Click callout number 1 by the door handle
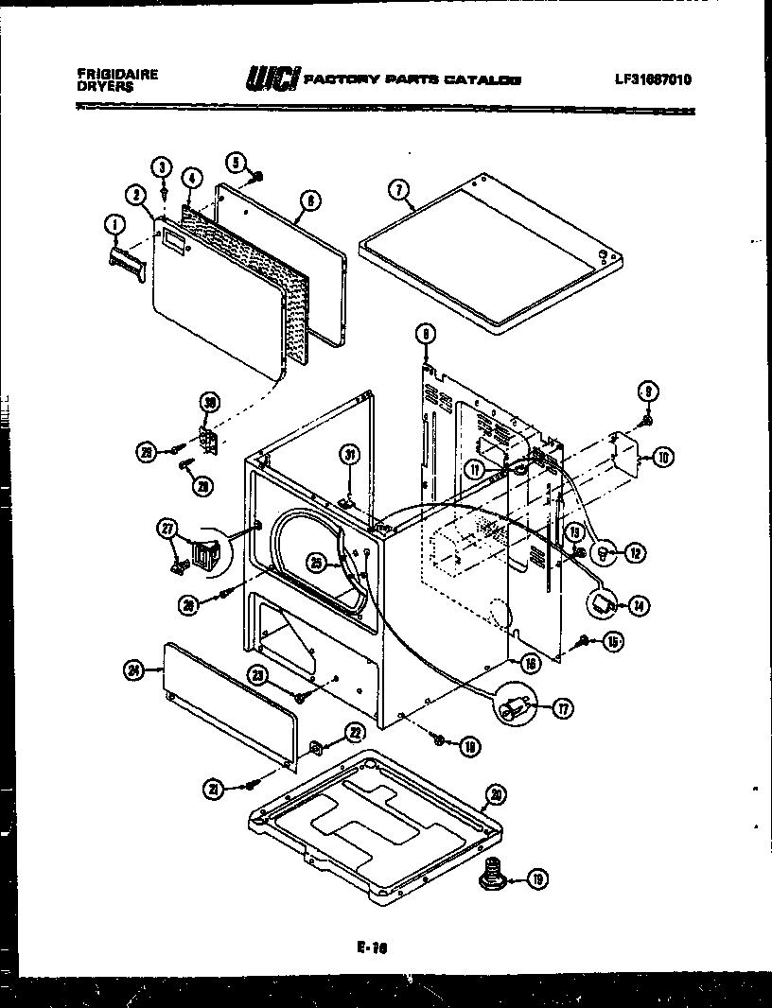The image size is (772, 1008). (x=114, y=224)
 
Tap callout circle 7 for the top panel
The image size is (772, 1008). (x=400, y=190)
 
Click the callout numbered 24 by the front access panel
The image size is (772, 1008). (x=133, y=671)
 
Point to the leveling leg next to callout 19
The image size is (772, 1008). (x=492, y=875)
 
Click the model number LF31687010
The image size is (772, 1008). (x=652, y=79)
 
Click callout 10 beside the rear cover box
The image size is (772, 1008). (x=662, y=458)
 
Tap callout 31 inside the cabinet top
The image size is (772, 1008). (x=350, y=455)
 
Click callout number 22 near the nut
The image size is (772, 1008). (x=355, y=732)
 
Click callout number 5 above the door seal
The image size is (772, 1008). (x=236, y=162)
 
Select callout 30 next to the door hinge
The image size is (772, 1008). (x=209, y=404)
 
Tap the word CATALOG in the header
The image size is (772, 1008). (x=490, y=80)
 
